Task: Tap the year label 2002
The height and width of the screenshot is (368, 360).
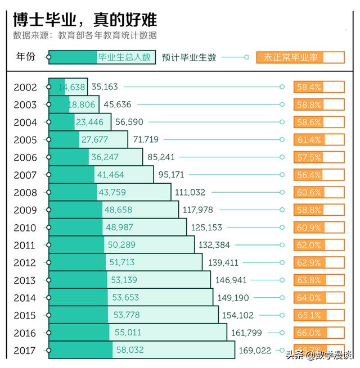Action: pos(25,87)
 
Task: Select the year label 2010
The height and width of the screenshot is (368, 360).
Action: pos(25,228)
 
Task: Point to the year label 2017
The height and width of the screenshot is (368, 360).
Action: pos(25,351)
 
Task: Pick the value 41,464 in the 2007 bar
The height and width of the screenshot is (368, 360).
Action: pos(110,175)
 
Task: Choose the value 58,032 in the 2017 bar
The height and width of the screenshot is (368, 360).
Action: pos(130,350)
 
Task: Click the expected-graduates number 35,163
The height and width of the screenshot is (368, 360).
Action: pos(105,87)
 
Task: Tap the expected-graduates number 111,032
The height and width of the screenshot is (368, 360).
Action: pos(190,192)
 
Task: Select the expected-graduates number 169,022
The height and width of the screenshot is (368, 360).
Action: pos(255,351)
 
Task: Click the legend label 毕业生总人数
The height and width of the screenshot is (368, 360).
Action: pos(124,57)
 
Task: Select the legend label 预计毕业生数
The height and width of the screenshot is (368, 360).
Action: pos(188,57)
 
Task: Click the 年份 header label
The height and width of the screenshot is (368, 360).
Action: pos(26,57)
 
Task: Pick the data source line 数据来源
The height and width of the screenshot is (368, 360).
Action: pos(85,35)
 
